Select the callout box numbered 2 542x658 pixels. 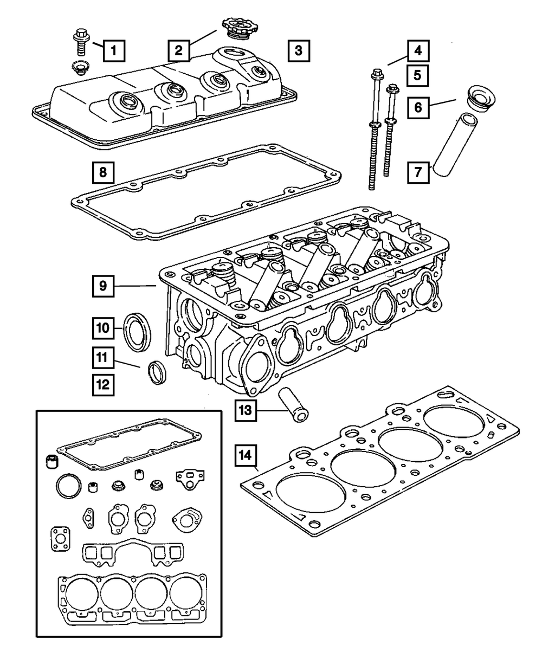click(178, 51)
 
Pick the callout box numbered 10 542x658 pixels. click(103, 328)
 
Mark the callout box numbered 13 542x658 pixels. click(246, 411)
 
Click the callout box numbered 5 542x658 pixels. click(418, 75)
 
